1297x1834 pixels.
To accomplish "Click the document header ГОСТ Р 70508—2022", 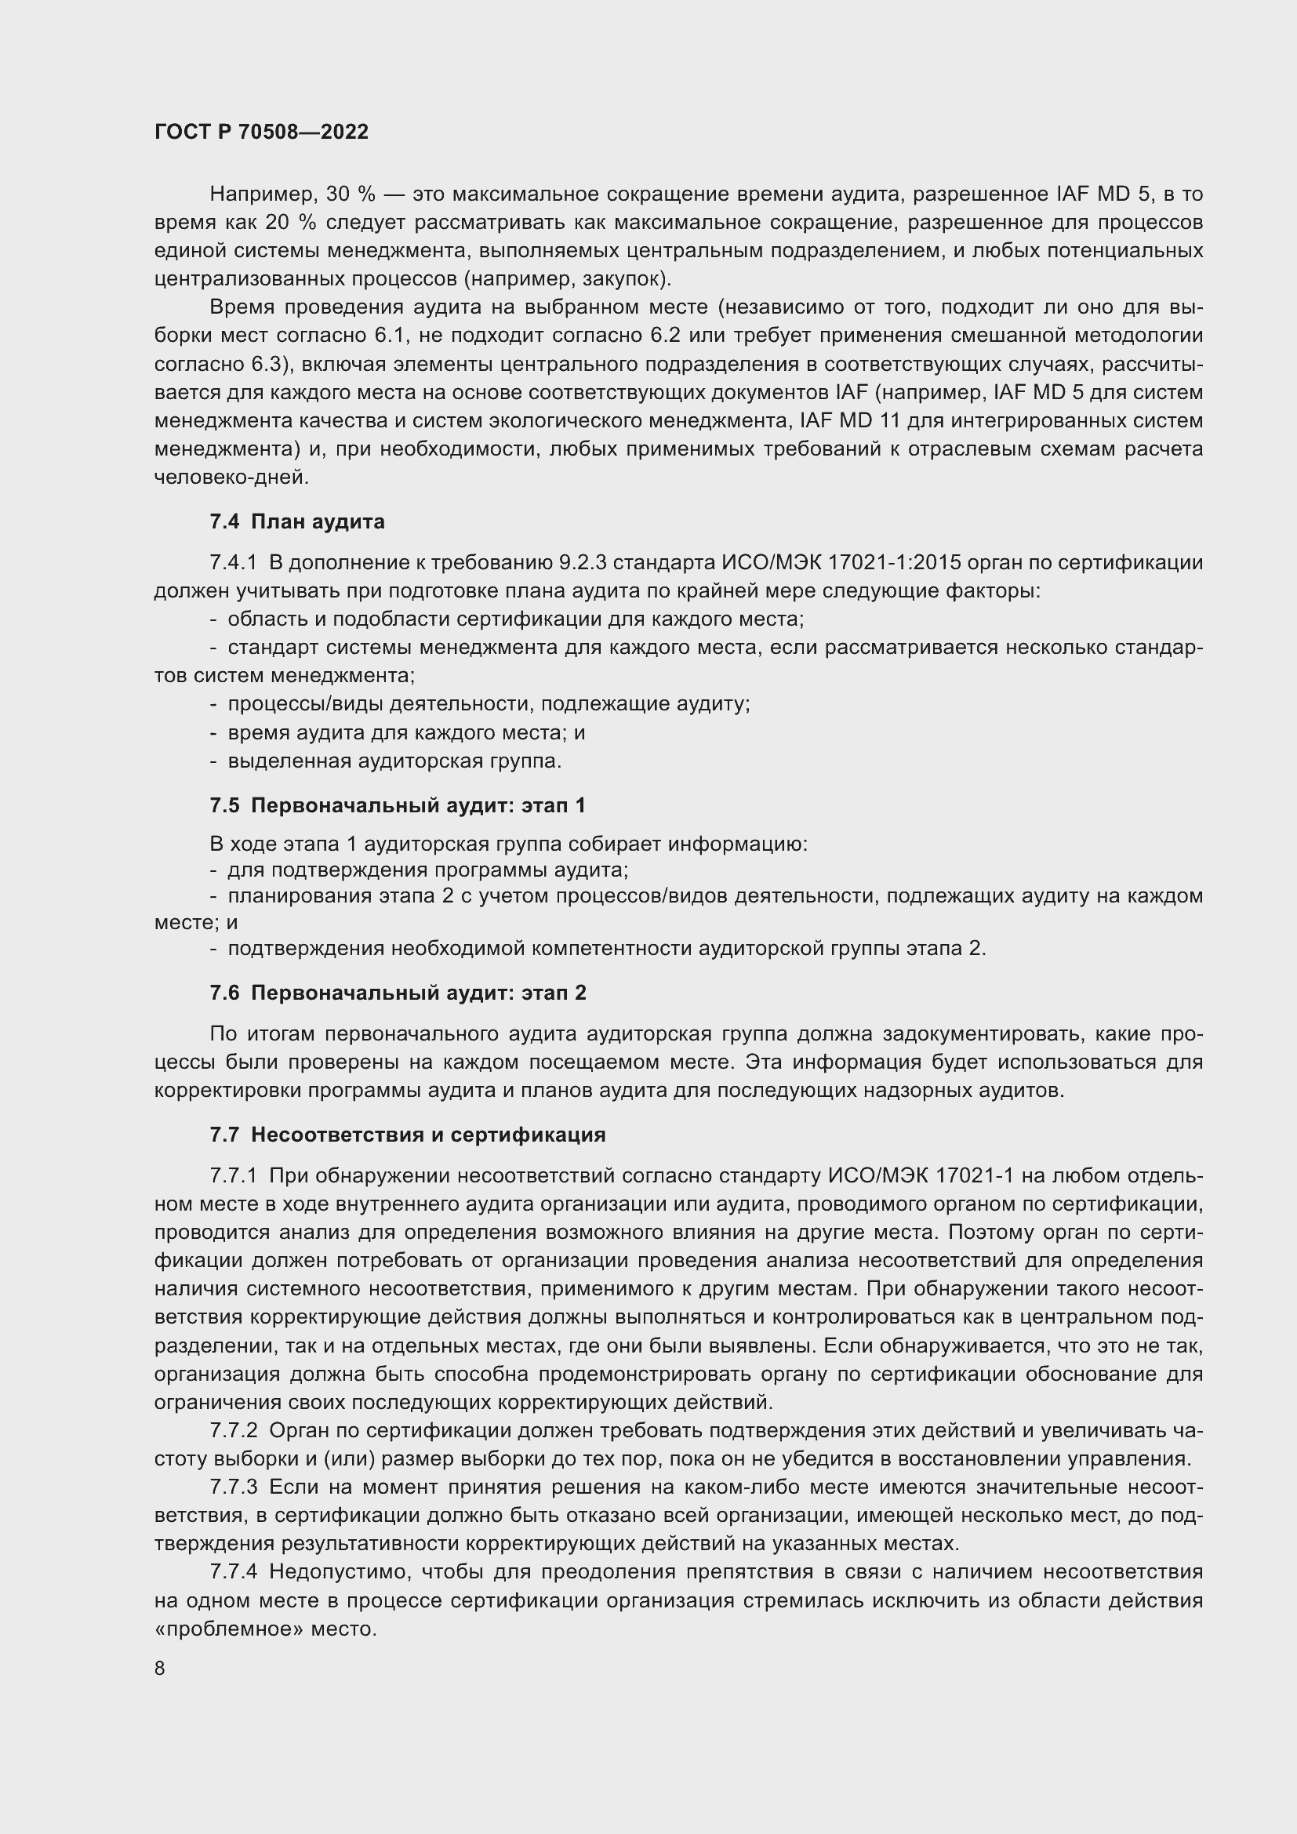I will (261, 133).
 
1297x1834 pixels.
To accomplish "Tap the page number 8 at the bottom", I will (160, 1669).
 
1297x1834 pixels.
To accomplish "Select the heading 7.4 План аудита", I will (297, 521).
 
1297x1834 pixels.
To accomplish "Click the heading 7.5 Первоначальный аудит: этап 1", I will (398, 805).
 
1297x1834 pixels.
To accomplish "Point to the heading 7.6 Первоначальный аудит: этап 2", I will (398, 993).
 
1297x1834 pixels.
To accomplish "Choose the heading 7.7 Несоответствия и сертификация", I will (407, 1135).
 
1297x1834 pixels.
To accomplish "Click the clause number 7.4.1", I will (233, 563).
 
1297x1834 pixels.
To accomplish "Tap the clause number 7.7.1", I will (233, 1176).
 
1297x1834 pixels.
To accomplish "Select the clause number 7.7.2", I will (233, 1431).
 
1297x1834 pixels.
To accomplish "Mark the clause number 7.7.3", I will (233, 1487).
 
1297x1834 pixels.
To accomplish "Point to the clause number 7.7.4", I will (233, 1572).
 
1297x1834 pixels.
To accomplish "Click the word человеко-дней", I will (231, 478).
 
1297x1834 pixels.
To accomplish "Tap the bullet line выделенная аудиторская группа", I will (394, 761).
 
